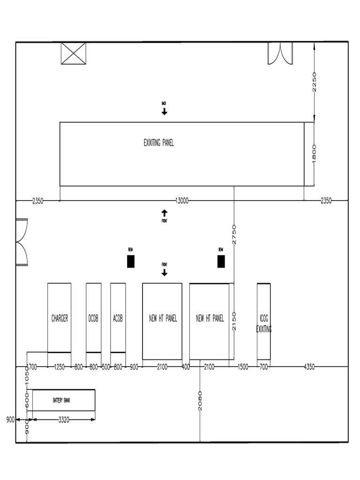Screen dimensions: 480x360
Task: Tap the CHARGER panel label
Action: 60,319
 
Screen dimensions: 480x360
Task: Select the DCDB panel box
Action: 93,318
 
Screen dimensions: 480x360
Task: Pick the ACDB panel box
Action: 118,318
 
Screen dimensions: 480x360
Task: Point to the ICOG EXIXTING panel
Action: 263,322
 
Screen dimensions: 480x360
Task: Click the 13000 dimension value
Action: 182,201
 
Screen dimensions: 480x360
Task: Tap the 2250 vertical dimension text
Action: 314,82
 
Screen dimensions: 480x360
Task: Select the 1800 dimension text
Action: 314,153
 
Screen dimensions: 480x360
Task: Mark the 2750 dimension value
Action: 234,234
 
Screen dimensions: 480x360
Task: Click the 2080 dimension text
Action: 200,401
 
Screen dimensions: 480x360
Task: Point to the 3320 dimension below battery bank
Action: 64,420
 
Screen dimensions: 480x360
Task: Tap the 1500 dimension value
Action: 242,367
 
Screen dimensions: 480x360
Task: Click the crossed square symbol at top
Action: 74,53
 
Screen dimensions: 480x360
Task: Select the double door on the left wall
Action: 22,242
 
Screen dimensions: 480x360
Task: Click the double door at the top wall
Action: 280,52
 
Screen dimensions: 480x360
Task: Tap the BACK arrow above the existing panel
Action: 164,111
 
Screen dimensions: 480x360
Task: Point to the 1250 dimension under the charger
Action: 60,367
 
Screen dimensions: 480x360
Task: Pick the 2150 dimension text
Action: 234,322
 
